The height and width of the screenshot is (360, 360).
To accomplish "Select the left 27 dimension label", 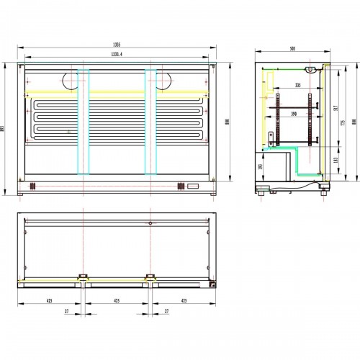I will tap(67, 312).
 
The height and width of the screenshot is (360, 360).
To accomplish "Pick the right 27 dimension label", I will tap(166, 312).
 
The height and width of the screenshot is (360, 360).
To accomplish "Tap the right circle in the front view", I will tap(164, 81).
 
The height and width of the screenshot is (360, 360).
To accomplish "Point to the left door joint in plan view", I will tap(83, 276).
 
